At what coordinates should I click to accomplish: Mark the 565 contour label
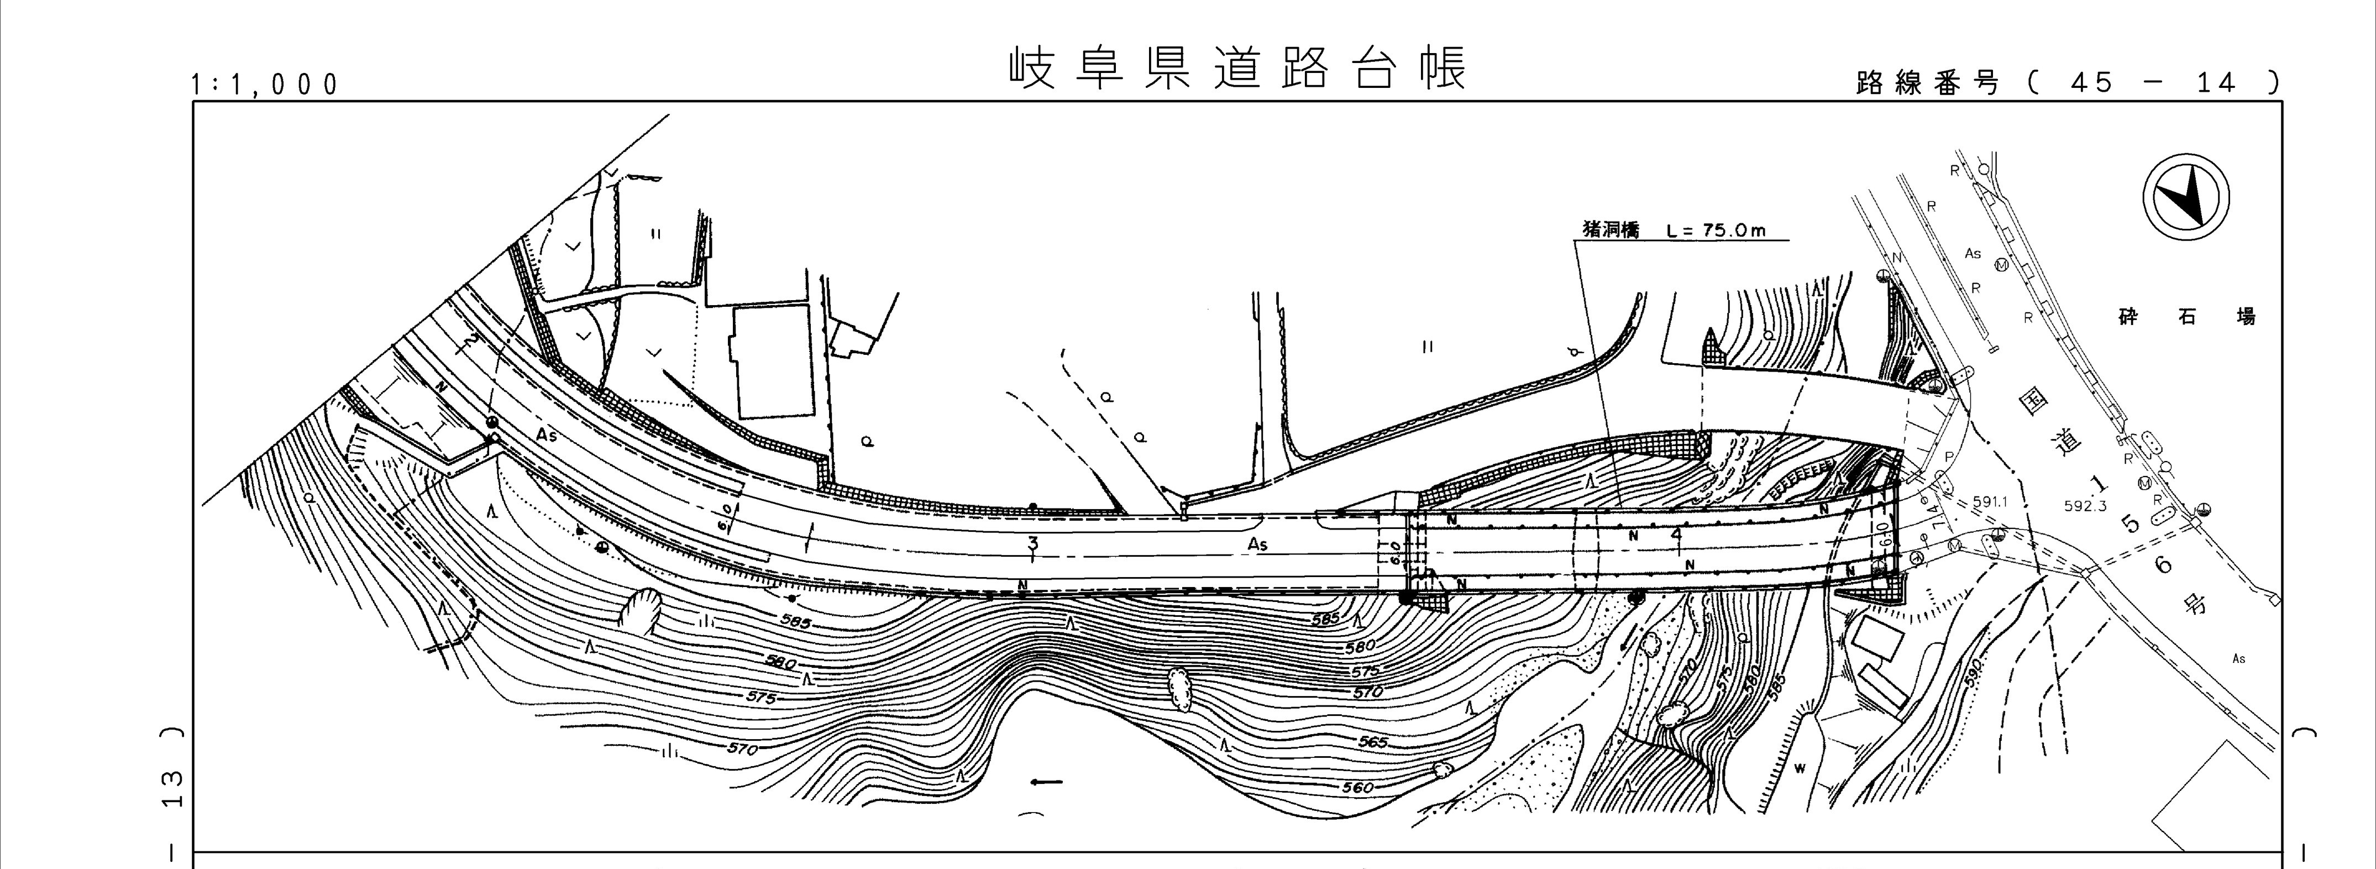tap(1372, 742)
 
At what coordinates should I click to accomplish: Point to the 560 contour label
tap(1359, 787)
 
